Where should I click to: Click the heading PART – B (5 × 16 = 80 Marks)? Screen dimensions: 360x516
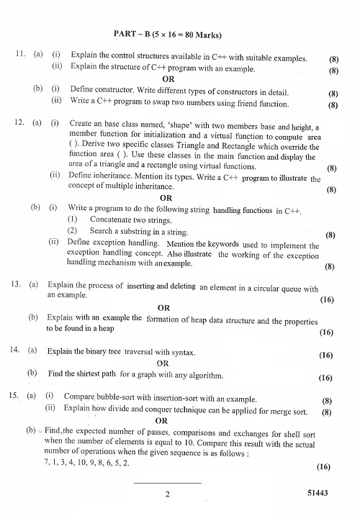tap(167, 35)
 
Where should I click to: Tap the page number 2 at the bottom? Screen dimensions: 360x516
tap(166, 494)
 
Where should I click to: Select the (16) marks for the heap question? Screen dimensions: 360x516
tap(325, 332)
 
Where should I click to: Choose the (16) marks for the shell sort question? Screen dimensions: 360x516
tap(323, 466)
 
